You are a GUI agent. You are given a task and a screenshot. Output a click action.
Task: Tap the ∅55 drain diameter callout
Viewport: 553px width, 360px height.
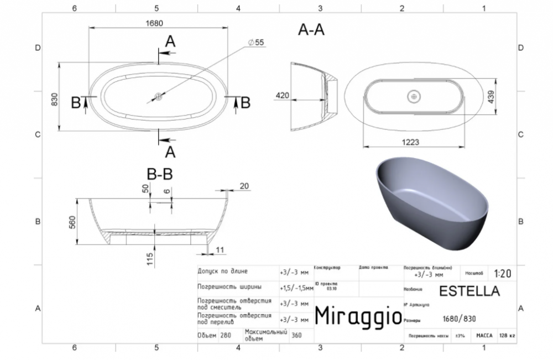click(x=256, y=43)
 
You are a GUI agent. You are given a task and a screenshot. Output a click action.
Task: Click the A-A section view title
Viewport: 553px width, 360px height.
click(x=311, y=31)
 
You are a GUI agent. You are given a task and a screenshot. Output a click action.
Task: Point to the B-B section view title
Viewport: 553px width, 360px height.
click(x=160, y=175)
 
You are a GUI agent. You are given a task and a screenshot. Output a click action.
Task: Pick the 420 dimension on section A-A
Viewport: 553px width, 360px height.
click(x=283, y=95)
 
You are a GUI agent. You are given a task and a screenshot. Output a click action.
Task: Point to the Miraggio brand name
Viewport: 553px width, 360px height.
click(x=358, y=316)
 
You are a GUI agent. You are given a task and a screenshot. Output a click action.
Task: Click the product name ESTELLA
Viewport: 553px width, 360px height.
click(x=469, y=290)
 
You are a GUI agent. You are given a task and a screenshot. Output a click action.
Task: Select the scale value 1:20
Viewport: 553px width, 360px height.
click(x=503, y=273)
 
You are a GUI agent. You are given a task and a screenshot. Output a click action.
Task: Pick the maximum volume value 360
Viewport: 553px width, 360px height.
click(x=296, y=335)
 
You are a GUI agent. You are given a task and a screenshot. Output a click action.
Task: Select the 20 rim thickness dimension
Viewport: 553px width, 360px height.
click(x=244, y=186)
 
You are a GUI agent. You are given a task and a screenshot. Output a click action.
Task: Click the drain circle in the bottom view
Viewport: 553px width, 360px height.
click(x=414, y=96)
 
